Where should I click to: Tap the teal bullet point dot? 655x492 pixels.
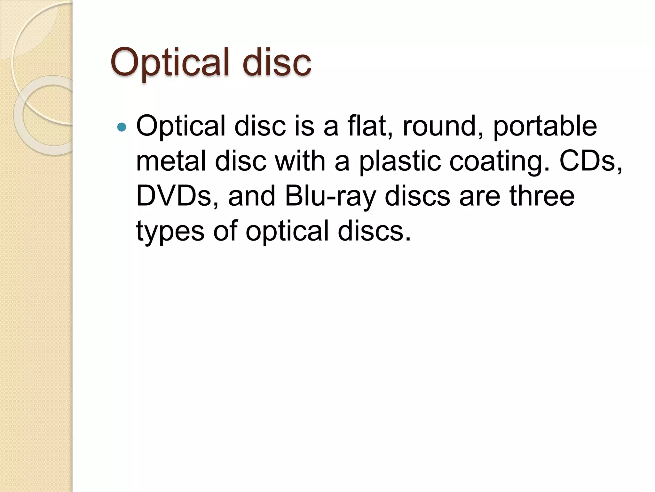coord(122,127)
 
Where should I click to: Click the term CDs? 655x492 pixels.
coord(590,161)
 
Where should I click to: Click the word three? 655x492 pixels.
coord(542,196)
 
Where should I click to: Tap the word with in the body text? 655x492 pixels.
coord(300,161)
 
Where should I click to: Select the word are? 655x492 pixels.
coord(480,196)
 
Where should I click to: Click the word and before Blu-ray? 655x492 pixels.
coord(252,196)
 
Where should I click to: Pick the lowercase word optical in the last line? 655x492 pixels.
coord(288,231)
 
